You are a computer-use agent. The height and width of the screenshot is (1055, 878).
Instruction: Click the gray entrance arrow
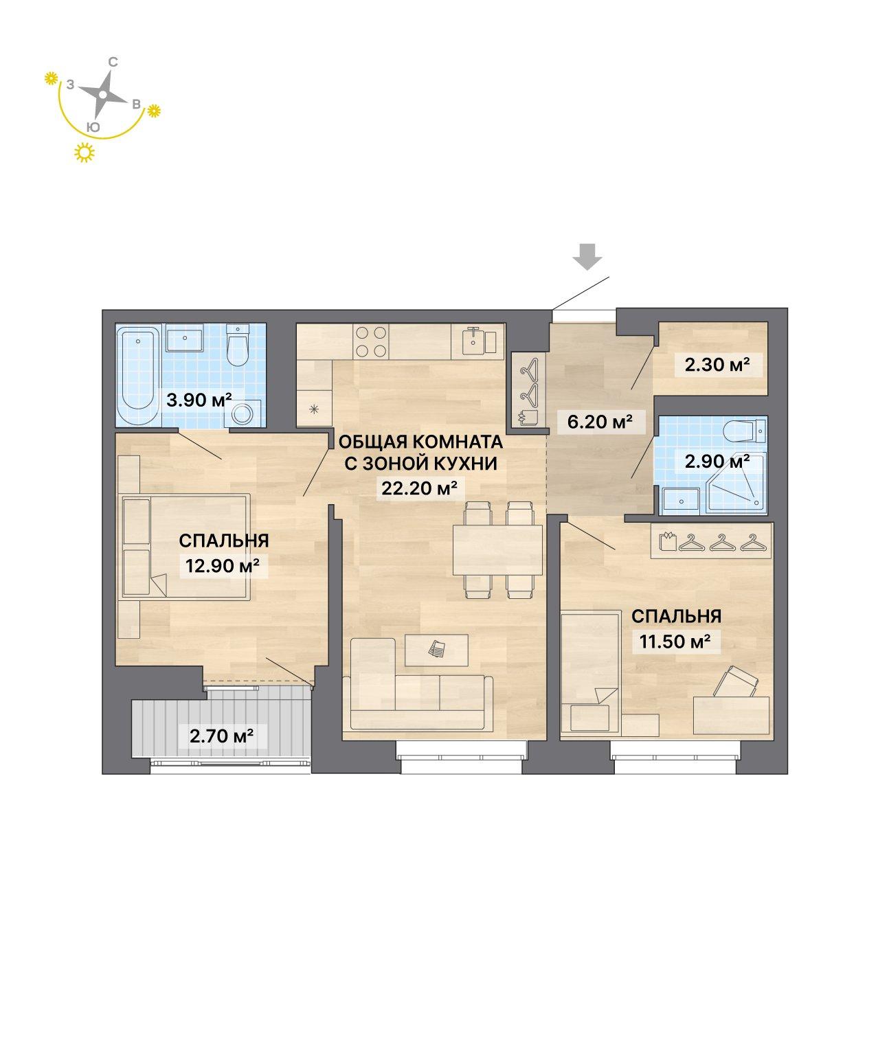(x=587, y=256)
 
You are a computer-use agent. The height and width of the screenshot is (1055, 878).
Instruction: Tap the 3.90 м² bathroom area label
(x=199, y=400)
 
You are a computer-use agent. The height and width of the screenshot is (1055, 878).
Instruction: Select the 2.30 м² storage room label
(x=717, y=364)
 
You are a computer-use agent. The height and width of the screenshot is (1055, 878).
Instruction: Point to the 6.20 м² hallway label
(x=600, y=421)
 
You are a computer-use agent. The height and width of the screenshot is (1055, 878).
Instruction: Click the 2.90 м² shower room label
(x=717, y=462)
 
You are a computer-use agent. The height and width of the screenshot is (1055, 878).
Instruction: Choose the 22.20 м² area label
(x=420, y=488)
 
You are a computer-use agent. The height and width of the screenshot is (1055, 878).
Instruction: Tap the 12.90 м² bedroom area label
(x=223, y=565)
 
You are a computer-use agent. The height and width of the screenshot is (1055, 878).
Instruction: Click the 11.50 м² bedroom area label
(x=675, y=642)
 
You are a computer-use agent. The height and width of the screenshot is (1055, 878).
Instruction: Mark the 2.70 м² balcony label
(x=221, y=735)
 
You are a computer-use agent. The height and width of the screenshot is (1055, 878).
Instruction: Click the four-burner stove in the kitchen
(x=372, y=341)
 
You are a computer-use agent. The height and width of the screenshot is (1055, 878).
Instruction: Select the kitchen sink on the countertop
(x=478, y=341)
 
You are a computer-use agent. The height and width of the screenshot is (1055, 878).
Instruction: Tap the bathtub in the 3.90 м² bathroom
(x=139, y=374)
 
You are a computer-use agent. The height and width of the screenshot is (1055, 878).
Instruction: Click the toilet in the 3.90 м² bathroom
(x=237, y=345)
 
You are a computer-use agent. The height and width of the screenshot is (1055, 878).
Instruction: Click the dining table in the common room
(x=497, y=549)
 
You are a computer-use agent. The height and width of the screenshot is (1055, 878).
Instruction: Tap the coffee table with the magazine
(x=437, y=650)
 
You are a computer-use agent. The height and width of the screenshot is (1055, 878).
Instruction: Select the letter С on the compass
(x=114, y=62)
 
